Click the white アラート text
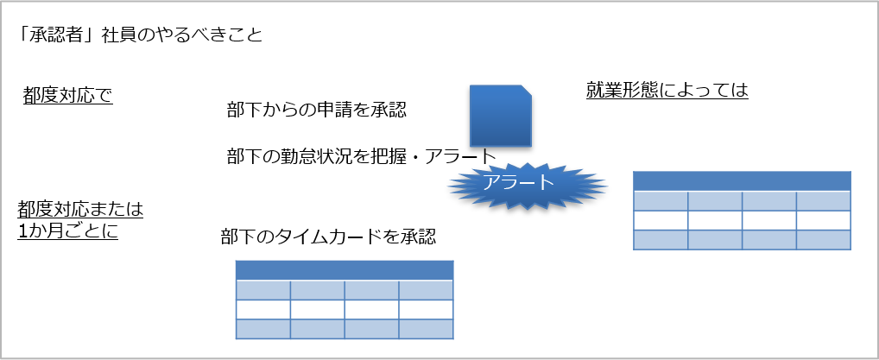click(517, 182)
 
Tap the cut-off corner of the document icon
click(526, 90)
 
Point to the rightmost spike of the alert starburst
click(606, 185)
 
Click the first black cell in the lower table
click(263, 310)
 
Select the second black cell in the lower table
click(318, 310)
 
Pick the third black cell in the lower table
click(371, 310)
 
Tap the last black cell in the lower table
click(426, 310)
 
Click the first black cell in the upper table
click(661, 220)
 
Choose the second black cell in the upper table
click(715, 220)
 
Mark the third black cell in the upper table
click(768, 220)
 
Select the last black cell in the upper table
click(823, 220)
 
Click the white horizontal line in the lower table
click(345, 281)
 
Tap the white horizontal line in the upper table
click(742, 191)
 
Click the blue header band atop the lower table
click(345, 269)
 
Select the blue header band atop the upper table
click(742, 180)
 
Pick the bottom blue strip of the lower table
click(345, 329)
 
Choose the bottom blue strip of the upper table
click(742, 239)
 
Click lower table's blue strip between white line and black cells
click(345, 291)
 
